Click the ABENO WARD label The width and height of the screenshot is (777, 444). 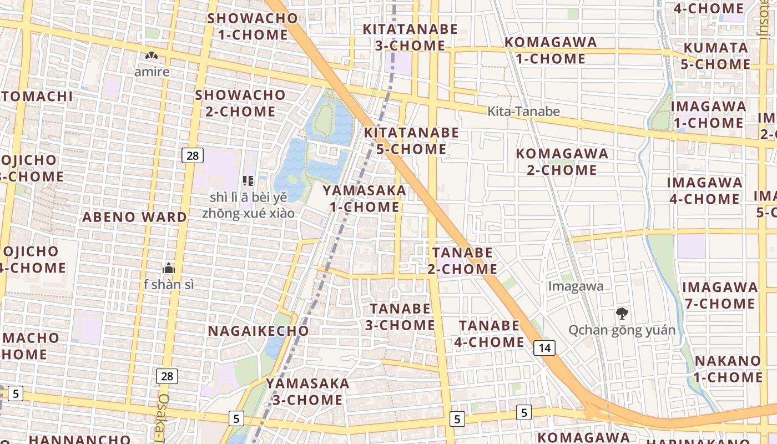pos(134,217)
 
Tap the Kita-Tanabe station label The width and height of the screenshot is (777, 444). pos(523,112)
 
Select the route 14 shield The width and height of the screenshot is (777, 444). pos(544,348)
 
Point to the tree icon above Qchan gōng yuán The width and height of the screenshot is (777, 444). pos(622,314)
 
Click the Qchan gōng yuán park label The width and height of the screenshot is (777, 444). pos(622,330)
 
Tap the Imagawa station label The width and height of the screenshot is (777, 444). pos(576,286)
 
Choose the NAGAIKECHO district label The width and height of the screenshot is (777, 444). pos(258,331)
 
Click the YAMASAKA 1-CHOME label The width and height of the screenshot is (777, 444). pos(365,199)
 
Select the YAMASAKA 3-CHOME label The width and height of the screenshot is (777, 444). pos(307,391)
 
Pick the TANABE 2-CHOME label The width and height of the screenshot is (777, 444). pos(462,261)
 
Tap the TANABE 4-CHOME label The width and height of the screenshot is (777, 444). pos(489,334)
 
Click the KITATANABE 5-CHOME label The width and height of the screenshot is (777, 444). pos(411,141)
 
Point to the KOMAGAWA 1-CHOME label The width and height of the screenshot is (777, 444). pos(550,51)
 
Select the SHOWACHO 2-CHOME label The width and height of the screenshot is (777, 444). pos(240,103)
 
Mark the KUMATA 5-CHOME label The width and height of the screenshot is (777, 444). pos(715,56)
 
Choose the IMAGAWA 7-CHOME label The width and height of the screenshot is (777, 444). pos(720,295)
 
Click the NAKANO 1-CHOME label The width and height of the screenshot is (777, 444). pos(728,369)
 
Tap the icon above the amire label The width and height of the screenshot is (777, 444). pos(152,56)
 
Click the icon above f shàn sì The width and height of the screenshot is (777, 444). pos(169,269)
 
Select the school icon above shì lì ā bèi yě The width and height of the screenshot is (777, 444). pos(248,180)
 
